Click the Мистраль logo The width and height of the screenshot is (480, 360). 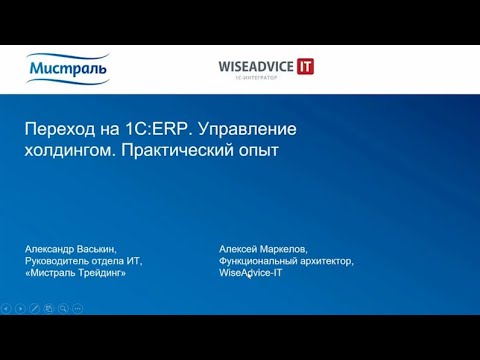click(x=68, y=68)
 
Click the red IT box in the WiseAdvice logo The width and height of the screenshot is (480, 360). click(x=304, y=66)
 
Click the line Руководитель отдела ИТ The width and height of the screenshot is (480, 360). click(x=83, y=260)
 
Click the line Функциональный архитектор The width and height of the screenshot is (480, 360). click(x=286, y=260)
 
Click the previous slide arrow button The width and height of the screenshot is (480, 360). click(x=6, y=308)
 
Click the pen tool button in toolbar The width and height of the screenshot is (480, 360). click(x=34, y=308)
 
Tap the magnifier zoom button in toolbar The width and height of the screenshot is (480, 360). click(x=62, y=308)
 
